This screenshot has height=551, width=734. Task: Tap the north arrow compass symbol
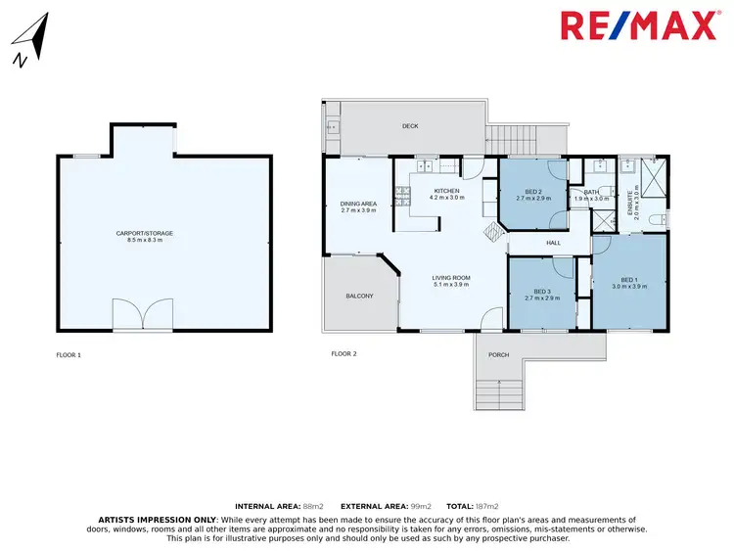click(x=30, y=44)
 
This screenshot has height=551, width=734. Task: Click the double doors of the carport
click(x=143, y=315)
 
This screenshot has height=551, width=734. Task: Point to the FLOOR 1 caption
click(x=69, y=354)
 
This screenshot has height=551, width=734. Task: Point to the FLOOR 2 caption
click(x=344, y=353)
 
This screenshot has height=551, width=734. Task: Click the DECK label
click(x=410, y=126)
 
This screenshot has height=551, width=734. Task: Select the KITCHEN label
click(x=446, y=190)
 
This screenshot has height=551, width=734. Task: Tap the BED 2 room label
click(x=533, y=191)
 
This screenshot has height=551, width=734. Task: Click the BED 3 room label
click(x=541, y=291)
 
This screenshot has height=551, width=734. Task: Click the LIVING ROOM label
click(x=451, y=278)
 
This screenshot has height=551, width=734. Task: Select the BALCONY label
click(x=359, y=296)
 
